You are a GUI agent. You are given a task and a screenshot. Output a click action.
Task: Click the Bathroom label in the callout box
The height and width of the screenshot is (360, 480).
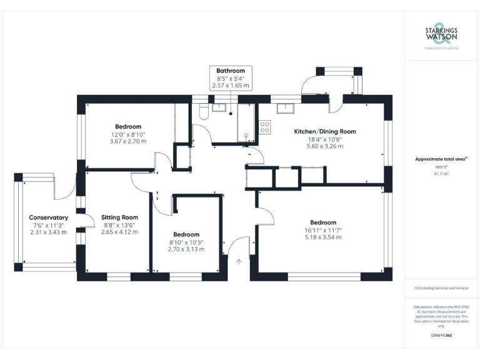pyautogui.click(x=231, y=71)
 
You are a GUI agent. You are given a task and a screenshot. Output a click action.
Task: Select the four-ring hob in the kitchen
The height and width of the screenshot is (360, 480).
pyautogui.click(x=264, y=127)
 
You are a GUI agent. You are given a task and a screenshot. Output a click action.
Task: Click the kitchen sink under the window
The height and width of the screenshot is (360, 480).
pyautogui.click(x=287, y=108)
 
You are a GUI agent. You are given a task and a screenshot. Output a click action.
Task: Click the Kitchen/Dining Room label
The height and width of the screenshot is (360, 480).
pyautogui.click(x=325, y=131)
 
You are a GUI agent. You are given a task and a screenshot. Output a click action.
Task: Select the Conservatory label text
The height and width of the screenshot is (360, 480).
pyautogui.click(x=48, y=217)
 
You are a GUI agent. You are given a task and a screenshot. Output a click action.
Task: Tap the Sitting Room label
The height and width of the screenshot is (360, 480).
pyautogui.click(x=119, y=217)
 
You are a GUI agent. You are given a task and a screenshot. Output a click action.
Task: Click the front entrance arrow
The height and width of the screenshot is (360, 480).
pyautogui.click(x=238, y=262)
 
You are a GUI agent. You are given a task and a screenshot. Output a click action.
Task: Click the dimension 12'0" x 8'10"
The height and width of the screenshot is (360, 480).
pyautogui.click(x=127, y=134)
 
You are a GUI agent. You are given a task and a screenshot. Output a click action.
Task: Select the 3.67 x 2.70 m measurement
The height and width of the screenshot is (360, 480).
pyautogui.click(x=127, y=141)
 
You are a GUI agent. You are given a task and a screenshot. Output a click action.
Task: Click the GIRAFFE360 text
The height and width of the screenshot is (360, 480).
pyautogui.click(x=441, y=336)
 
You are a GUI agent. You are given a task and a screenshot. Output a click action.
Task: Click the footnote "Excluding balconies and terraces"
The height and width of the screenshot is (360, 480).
pyautogui.click(x=441, y=288)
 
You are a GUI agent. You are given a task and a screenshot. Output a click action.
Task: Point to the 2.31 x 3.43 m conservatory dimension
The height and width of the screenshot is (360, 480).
pyautogui.click(x=48, y=232)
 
